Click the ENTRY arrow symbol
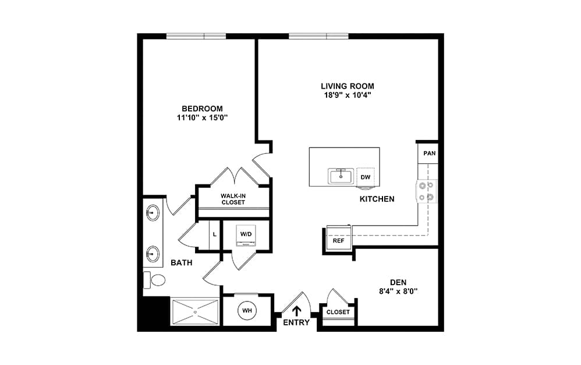coord(296,311)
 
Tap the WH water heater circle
coord(247,310)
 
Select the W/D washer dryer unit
coord(246,235)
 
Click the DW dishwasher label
coord(366,177)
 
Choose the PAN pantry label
coord(430,153)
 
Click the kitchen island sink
coord(341,176)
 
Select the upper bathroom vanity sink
coord(153,213)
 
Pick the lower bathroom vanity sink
coord(153,254)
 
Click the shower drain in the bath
coord(195,313)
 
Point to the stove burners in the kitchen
coord(426,191)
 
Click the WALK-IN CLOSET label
coord(233,199)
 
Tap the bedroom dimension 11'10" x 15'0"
coord(202,118)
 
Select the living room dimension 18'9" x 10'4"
coord(347,95)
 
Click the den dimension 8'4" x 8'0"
coord(398,291)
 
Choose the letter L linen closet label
coord(215,234)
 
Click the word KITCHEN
coord(377,199)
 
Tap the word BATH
coord(182,262)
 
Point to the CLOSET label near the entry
coord(338,312)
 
